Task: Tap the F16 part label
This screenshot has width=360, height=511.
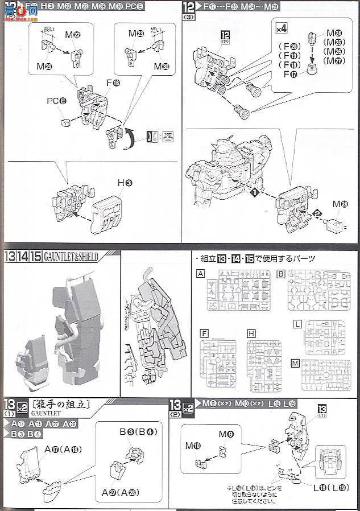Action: [113, 83]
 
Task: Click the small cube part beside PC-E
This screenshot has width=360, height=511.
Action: [65, 122]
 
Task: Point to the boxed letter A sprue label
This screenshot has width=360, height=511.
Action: [200, 273]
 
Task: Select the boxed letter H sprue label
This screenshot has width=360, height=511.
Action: [251, 333]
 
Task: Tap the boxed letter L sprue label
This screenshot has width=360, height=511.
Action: [297, 324]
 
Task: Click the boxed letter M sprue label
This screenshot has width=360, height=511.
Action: [295, 364]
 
